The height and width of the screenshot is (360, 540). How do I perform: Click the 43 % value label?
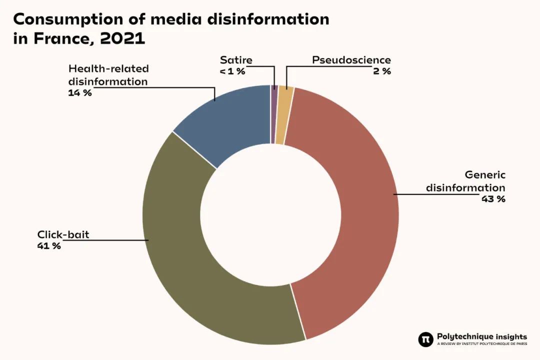(x=493, y=199)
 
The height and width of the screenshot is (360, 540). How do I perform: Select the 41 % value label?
(x=49, y=245)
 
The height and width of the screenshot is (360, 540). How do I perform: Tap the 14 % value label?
(x=80, y=92)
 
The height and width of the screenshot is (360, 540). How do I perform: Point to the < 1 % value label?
(x=232, y=71)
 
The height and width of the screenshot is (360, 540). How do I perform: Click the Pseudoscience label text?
(x=351, y=60)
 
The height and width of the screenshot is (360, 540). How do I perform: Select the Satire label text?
(x=236, y=60)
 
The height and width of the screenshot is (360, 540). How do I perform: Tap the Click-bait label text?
(x=63, y=234)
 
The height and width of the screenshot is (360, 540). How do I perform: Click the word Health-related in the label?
(x=108, y=68)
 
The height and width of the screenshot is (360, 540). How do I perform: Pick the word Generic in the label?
(x=485, y=175)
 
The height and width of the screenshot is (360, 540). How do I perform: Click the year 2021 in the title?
(x=122, y=39)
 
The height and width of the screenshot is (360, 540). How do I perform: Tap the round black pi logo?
(x=425, y=339)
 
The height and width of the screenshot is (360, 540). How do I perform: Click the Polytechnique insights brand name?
(x=481, y=336)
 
